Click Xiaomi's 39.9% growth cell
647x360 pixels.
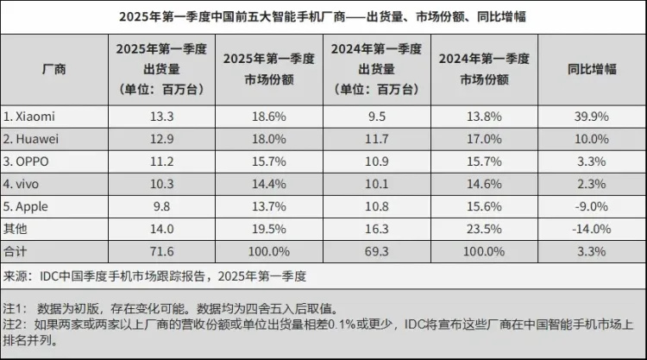coord(592,116)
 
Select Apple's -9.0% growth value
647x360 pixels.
coord(592,206)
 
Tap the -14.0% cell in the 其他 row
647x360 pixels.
coord(592,229)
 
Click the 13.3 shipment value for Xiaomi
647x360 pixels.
coord(161,116)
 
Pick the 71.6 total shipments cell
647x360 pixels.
coord(161,252)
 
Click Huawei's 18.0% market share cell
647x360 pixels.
coord(265,138)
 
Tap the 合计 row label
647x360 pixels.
coord(16,252)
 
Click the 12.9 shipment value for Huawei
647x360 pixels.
coord(161,138)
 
